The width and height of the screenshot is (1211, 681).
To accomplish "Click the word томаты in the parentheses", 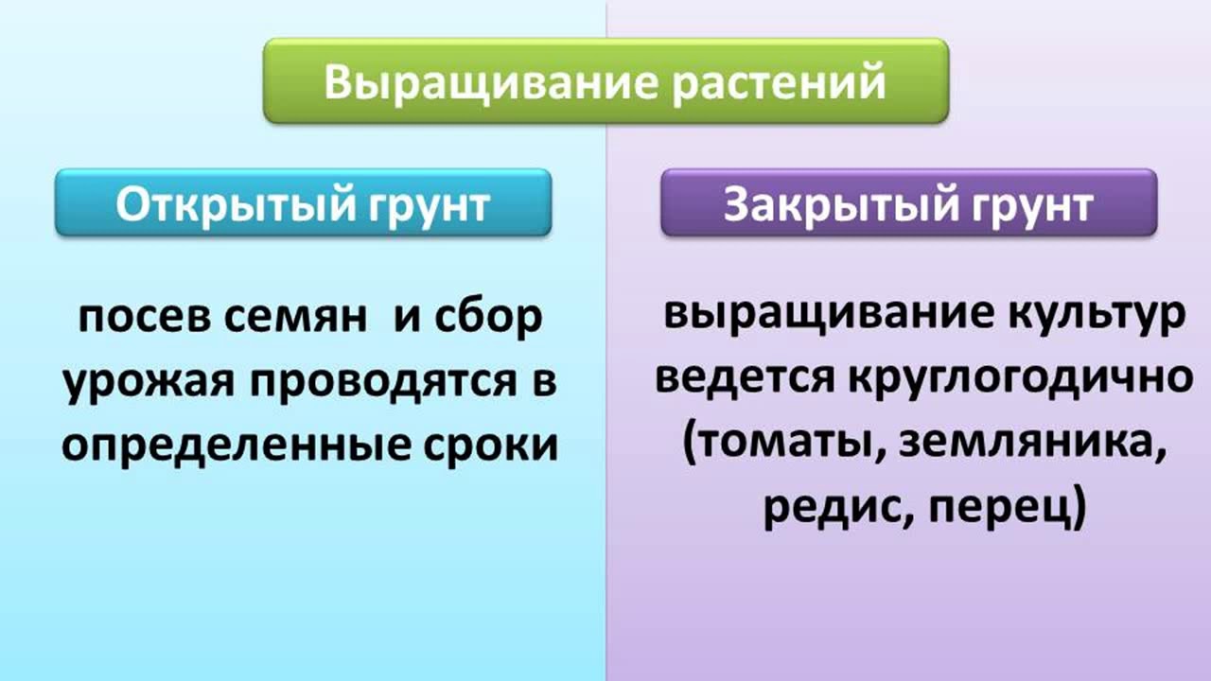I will (x=781, y=445).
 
